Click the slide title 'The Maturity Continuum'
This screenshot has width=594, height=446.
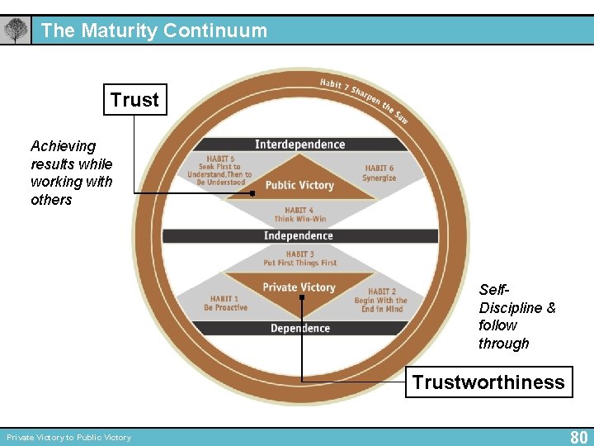[x=154, y=31]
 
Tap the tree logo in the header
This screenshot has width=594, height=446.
[x=16, y=31]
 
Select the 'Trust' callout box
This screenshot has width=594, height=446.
[x=134, y=100]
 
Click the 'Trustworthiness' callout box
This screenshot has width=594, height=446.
[x=488, y=382]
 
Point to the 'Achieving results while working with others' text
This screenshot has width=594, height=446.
[x=71, y=173]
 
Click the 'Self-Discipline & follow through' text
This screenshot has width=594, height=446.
[x=516, y=316]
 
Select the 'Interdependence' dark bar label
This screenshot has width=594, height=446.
[x=300, y=145]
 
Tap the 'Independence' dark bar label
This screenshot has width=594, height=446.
[x=299, y=236]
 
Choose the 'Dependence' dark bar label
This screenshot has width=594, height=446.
[x=299, y=328]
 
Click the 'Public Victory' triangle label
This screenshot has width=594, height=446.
[x=299, y=185]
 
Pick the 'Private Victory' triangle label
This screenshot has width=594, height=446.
[x=299, y=287]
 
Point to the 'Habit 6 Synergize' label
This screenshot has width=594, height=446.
[x=379, y=173]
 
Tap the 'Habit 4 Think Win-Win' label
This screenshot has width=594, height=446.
[x=299, y=215]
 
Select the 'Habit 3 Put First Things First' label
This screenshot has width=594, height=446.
[x=299, y=259]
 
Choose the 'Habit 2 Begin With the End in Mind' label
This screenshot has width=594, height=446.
[x=380, y=300]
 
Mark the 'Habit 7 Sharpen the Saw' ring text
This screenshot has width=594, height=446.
[x=364, y=98]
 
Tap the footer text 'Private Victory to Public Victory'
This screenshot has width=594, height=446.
[x=69, y=438]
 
